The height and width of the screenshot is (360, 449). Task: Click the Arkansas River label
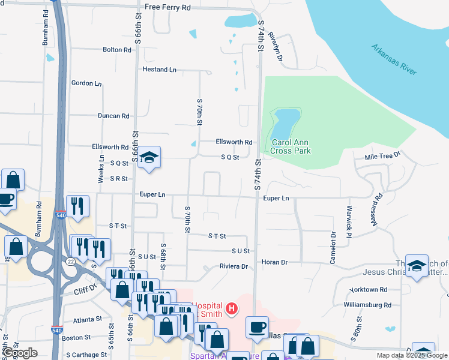tap(393, 59)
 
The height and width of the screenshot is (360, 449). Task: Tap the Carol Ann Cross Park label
tap(291, 146)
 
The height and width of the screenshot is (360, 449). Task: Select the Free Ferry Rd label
tap(167, 8)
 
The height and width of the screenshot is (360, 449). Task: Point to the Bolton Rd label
tap(116, 50)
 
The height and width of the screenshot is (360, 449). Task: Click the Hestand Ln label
tap(159, 70)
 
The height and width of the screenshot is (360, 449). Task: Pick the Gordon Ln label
tap(86, 83)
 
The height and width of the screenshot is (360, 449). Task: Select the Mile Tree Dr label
tap(382, 157)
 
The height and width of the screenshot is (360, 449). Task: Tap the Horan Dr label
tap(275, 262)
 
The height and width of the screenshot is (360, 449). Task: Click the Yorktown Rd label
tap(366, 289)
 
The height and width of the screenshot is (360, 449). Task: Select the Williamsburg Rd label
tap(367, 305)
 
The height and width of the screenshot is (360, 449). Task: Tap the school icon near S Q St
tap(149, 157)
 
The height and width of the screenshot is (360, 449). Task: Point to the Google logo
tap(20, 353)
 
